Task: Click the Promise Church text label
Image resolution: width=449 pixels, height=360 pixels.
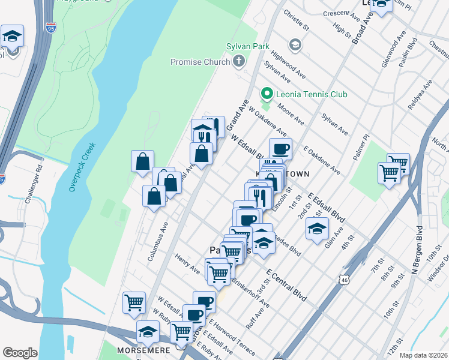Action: [200, 62]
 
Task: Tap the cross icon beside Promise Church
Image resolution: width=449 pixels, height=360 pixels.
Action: [239, 61]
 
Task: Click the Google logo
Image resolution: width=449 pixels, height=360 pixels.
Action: [20, 353]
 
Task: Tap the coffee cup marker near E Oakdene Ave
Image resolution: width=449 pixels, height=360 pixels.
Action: [280, 148]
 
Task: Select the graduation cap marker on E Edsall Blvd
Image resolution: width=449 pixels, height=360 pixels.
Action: [317, 229]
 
